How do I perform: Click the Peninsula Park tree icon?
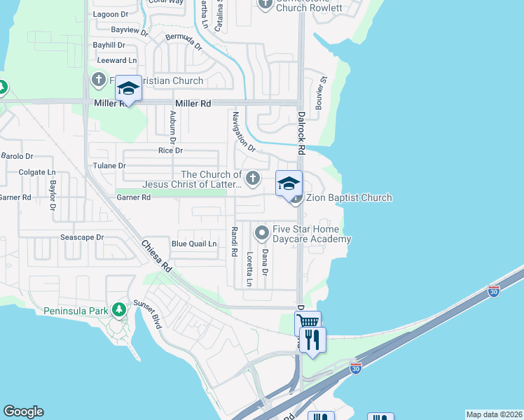[118, 308]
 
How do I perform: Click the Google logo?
[23, 412]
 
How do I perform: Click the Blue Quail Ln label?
[194, 244]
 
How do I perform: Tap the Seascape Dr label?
[81, 237]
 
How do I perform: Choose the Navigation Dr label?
[243, 132]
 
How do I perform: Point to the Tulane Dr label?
[109, 166]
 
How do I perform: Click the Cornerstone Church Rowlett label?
[308, 4]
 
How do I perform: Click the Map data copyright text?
[493, 414]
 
